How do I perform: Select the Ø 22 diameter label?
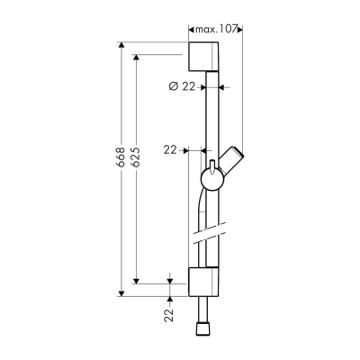point(183,87)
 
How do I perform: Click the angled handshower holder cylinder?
point(235,159)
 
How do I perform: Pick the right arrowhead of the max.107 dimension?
point(240,30)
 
